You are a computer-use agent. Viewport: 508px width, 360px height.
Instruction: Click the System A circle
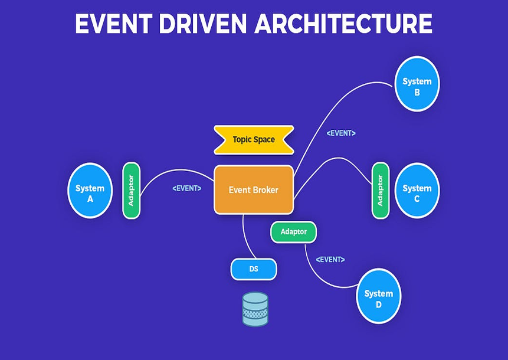[x=90, y=189]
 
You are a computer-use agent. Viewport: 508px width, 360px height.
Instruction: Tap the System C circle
[x=417, y=190]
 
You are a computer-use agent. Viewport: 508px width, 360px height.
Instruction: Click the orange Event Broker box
[x=253, y=189]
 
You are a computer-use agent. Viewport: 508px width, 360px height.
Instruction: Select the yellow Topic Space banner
[x=253, y=140]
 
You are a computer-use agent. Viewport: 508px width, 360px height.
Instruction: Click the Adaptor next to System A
[x=131, y=190]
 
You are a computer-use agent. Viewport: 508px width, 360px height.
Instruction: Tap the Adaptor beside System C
[x=381, y=190]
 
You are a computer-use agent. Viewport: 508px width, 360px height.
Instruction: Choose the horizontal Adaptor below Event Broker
[x=293, y=232]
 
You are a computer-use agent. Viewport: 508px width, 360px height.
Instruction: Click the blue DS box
[x=253, y=269]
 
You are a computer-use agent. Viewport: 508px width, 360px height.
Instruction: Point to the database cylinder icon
[x=255, y=309]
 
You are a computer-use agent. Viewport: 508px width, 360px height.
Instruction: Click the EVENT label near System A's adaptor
[x=186, y=188]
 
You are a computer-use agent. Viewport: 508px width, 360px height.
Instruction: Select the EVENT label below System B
[x=340, y=133]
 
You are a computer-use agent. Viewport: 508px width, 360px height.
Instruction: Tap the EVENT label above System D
[x=330, y=259]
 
